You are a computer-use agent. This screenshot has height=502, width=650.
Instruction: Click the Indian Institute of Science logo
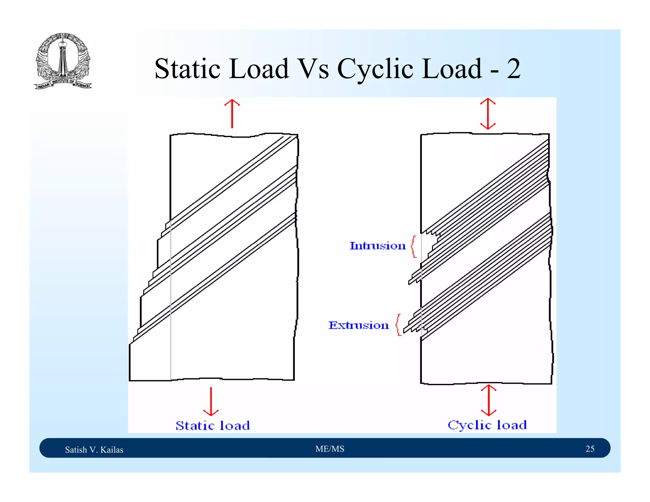coord(63,61)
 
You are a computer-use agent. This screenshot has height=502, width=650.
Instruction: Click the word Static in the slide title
coord(187,69)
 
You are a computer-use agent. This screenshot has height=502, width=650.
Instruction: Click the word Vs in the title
coord(314,69)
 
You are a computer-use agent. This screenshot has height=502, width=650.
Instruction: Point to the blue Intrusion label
coord(377,246)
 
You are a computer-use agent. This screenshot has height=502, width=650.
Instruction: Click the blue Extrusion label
coord(358,325)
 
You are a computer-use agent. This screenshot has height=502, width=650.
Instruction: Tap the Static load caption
coord(213,426)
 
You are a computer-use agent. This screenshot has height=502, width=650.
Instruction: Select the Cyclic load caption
coord(487,425)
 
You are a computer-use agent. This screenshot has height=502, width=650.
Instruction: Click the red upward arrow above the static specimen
coord(232,113)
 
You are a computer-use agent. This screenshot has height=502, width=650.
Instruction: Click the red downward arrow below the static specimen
coord(211,402)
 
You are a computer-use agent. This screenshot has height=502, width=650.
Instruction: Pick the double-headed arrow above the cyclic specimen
coord(488,114)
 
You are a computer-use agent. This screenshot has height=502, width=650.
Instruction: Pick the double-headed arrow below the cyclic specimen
coord(488,400)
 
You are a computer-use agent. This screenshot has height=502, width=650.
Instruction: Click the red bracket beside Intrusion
coord(414,247)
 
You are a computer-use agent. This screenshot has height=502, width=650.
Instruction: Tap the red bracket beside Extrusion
coord(399,325)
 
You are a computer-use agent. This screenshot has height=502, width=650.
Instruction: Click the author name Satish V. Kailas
coord(94,450)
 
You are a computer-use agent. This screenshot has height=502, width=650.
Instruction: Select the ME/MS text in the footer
coord(329,449)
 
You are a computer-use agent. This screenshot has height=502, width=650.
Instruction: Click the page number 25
coord(590,449)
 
